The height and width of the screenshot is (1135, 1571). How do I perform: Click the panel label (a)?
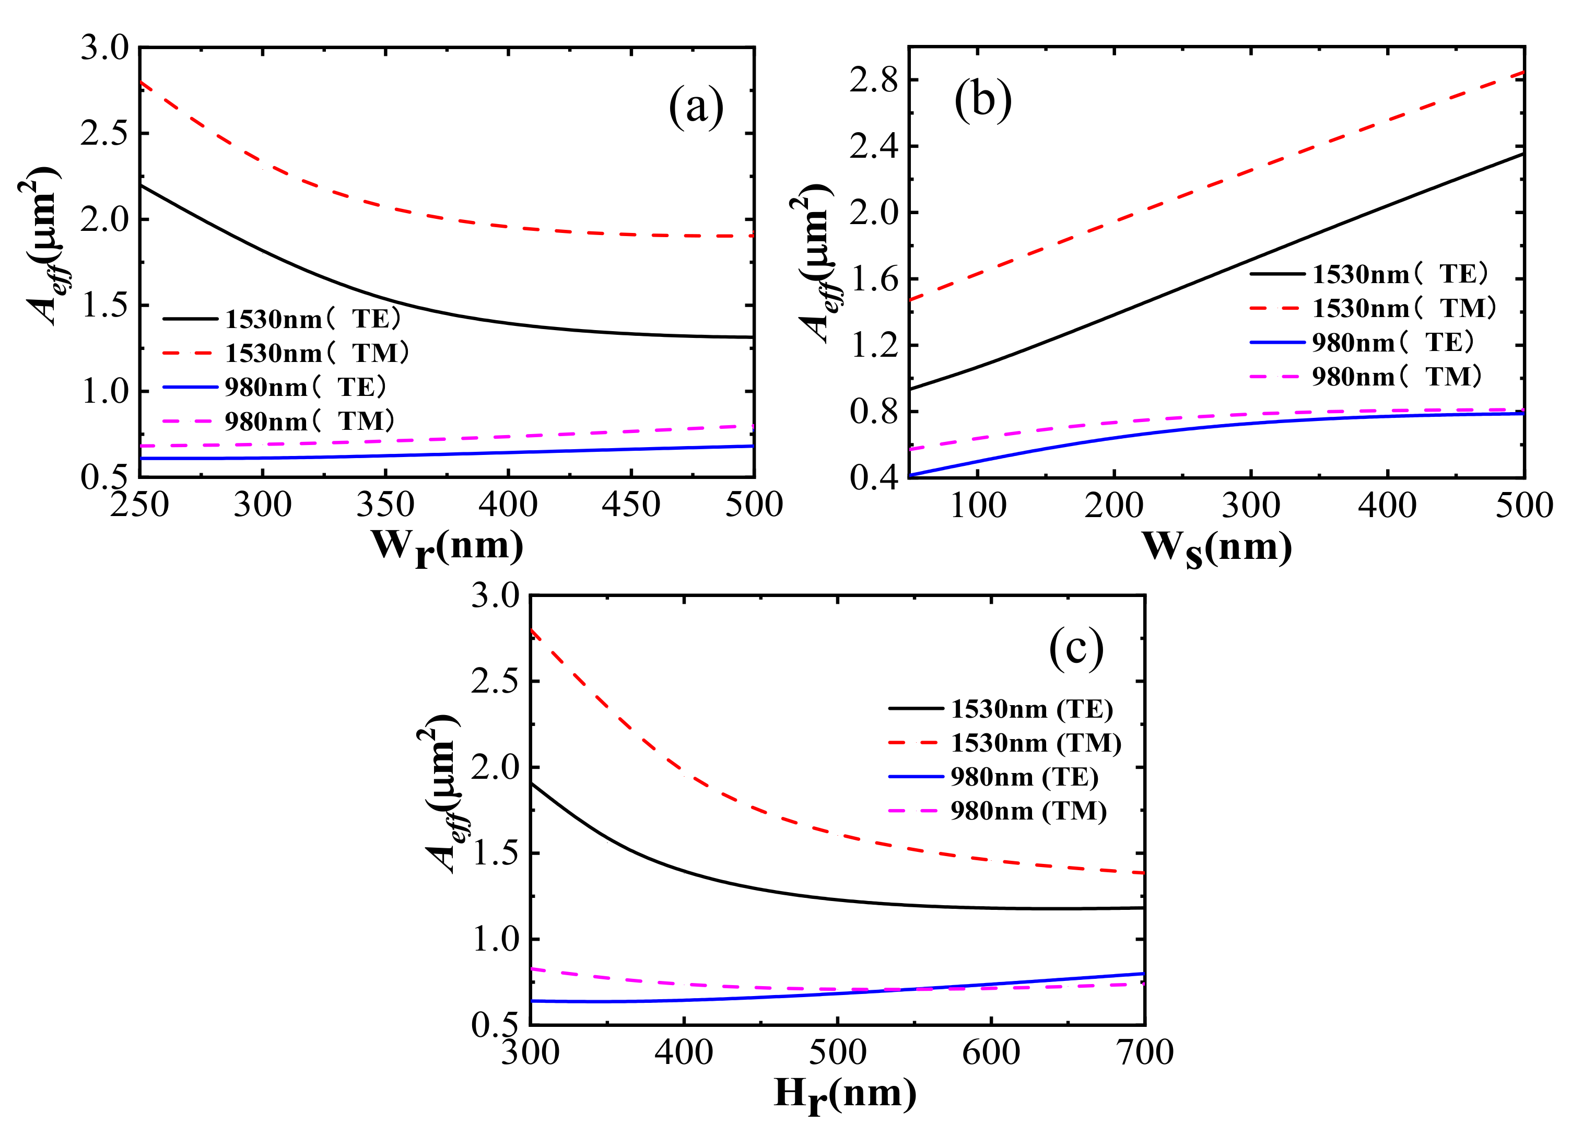696,108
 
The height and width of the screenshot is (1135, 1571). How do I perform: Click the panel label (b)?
982,100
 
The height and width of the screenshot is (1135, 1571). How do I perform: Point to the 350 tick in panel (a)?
385,505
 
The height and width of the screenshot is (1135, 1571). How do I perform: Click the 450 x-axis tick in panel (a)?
631,505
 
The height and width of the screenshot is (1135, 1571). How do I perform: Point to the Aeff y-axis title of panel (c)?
439,793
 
